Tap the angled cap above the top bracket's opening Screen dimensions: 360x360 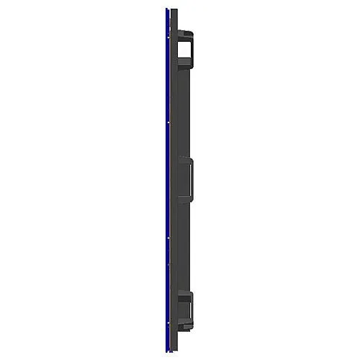pos(184,33)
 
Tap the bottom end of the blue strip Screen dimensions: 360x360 pos(166,351)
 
